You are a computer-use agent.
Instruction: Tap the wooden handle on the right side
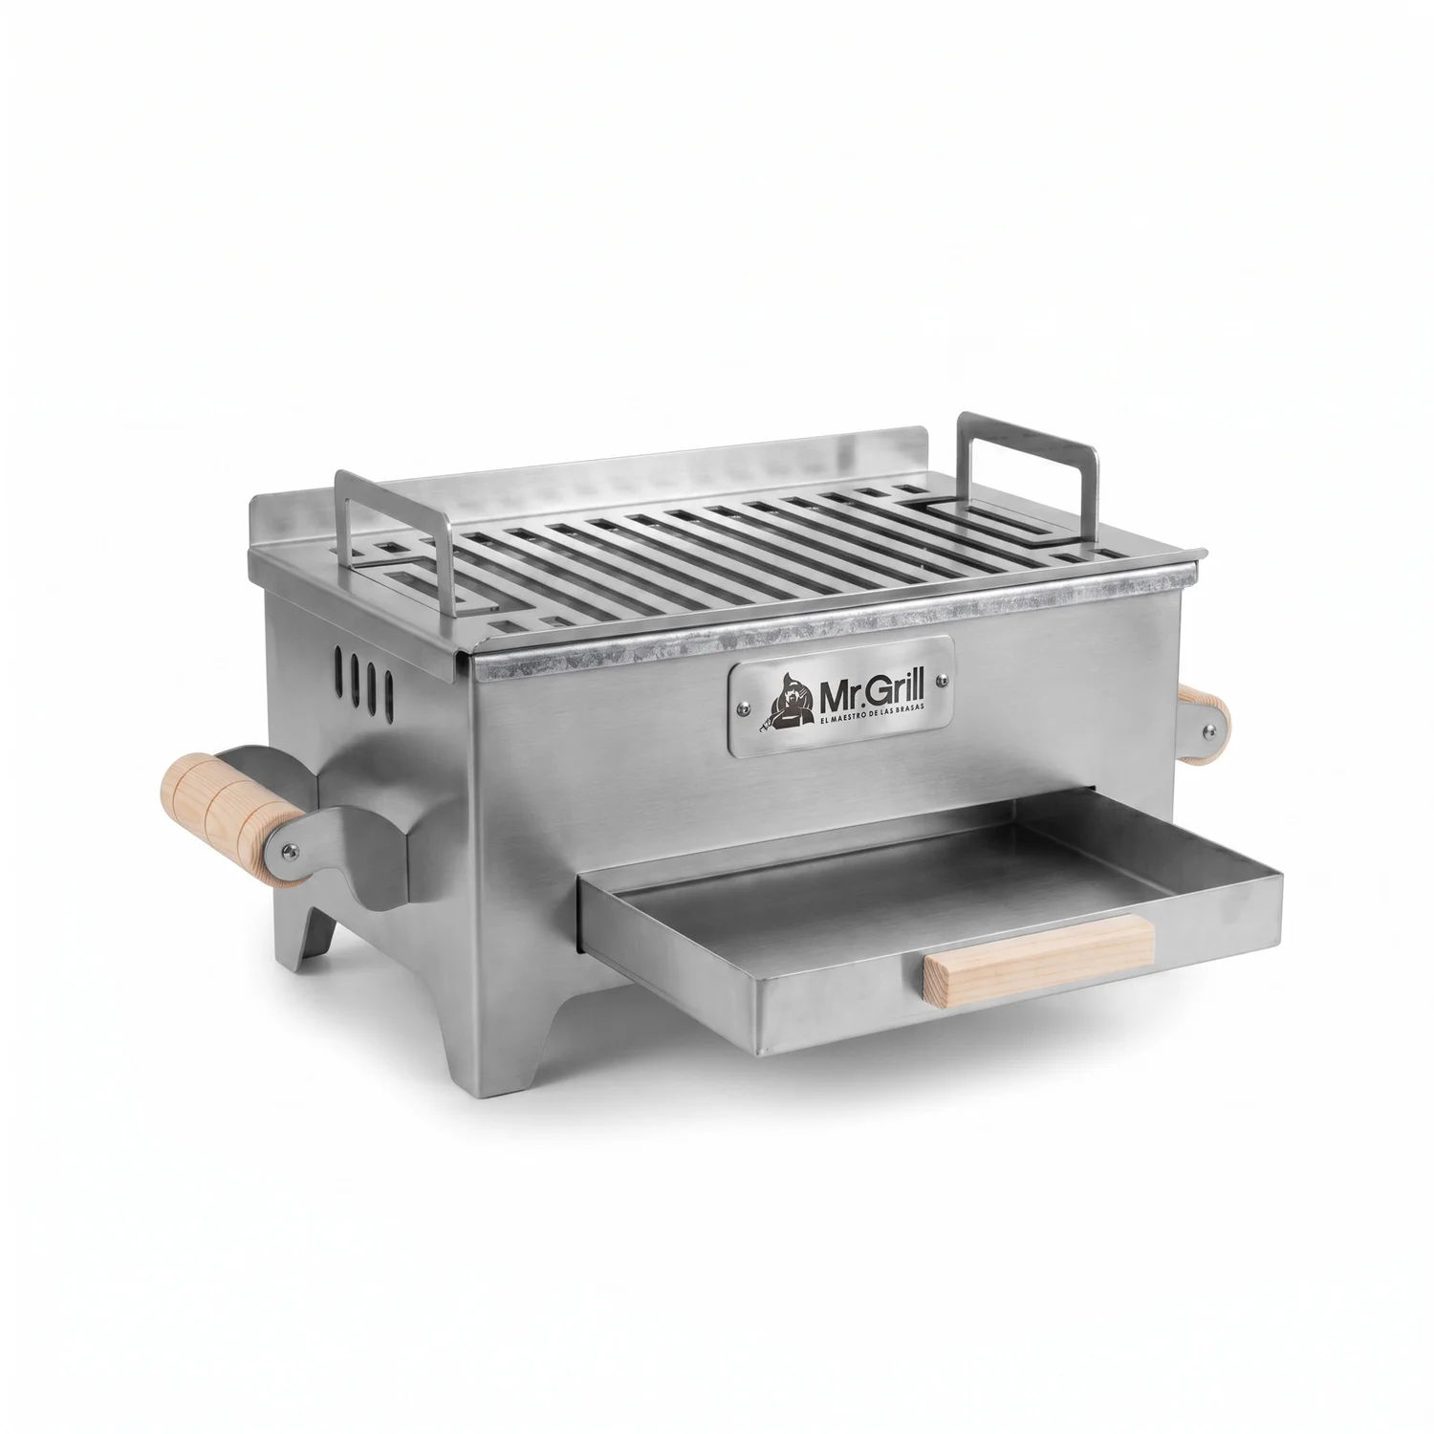[x=1202, y=725]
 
